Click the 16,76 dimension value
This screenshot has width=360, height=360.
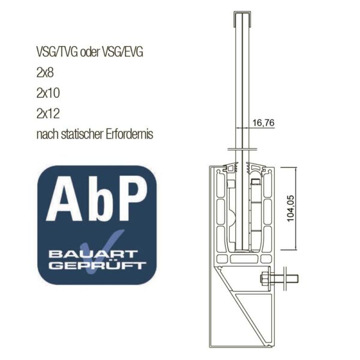263,123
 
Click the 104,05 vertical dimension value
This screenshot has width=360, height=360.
290,208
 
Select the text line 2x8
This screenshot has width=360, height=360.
45,73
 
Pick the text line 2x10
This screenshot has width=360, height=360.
48,93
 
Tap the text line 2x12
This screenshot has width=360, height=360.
48,113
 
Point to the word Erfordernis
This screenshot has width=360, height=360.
130,134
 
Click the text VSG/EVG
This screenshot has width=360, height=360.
122,52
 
